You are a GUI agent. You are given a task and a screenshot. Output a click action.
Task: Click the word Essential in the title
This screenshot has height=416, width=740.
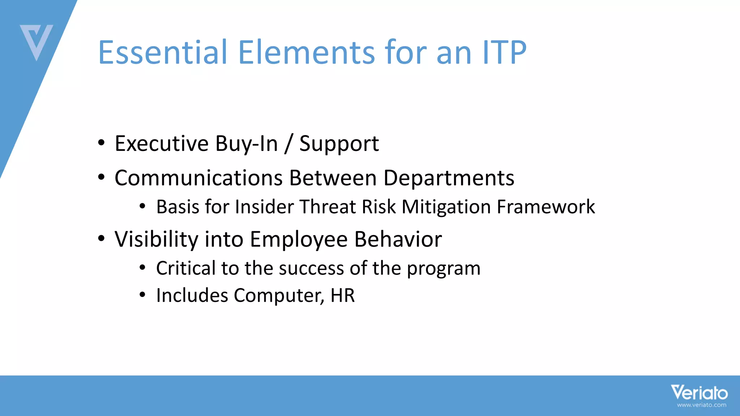(163, 52)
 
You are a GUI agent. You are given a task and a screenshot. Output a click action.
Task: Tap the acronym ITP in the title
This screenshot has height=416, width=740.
(504, 52)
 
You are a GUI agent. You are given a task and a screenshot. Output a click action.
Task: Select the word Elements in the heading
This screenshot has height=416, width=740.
(306, 52)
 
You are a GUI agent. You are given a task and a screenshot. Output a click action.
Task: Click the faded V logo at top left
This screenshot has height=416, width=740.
(36, 42)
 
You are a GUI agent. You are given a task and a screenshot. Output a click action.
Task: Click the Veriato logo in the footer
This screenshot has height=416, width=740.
(699, 392)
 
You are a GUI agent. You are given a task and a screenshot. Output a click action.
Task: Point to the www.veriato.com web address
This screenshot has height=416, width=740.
(701, 405)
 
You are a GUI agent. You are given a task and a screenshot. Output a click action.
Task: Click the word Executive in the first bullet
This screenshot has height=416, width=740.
(162, 143)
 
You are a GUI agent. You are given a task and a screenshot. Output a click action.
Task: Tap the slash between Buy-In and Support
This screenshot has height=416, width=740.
(288, 144)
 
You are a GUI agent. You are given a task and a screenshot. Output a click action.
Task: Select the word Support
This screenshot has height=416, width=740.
(339, 144)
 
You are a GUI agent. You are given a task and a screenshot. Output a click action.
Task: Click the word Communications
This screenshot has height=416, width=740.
(198, 178)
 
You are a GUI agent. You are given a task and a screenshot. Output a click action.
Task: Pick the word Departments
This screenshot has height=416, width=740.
(448, 178)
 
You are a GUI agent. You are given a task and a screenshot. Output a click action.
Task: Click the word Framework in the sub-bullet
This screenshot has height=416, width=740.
(546, 207)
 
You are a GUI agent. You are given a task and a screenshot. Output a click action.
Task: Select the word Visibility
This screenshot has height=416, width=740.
(156, 239)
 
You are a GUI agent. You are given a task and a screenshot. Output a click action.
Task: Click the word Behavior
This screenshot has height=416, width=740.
(398, 239)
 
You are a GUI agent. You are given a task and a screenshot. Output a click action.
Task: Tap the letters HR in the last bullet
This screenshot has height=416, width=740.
(342, 295)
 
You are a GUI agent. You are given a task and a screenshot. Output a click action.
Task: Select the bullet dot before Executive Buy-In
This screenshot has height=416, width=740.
(102, 143)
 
